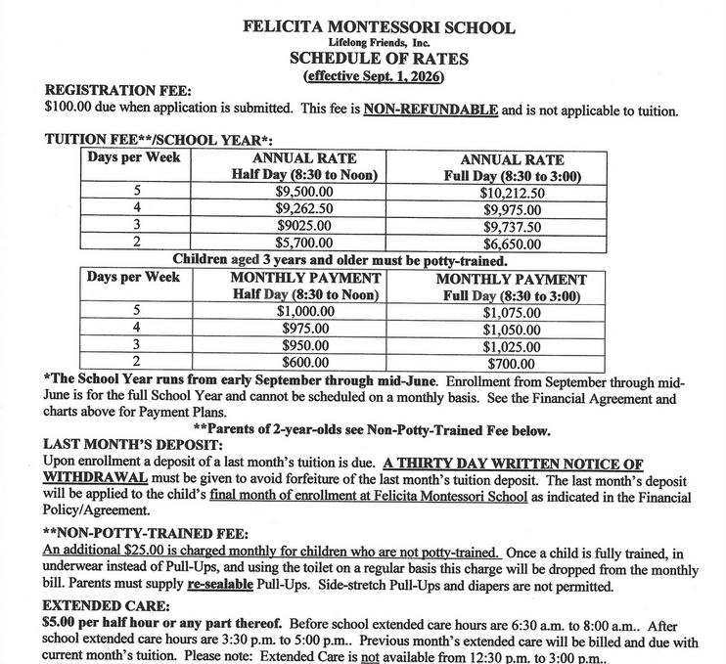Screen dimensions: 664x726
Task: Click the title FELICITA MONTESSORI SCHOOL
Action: [x=379, y=26]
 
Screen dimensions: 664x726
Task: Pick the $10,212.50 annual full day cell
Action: [x=511, y=193]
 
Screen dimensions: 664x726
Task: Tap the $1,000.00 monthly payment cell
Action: [x=306, y=312]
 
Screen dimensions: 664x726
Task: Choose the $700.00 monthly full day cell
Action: [x=511, y=363]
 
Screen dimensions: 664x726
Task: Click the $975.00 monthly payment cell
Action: [x=306, y=329]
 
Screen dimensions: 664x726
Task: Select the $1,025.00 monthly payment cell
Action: [x=511, y=345]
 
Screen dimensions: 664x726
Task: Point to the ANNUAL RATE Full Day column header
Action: [x=511, y=167]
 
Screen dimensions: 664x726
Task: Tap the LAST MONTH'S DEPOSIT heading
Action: [x=129, y=444]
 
